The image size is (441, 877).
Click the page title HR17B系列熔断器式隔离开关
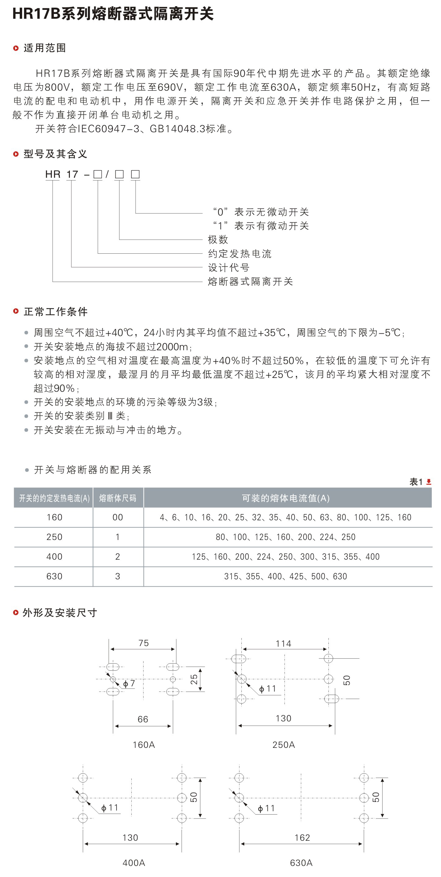coord(113,14)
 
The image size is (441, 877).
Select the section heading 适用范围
coord(45,48)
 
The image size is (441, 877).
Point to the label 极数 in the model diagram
coord(218,240)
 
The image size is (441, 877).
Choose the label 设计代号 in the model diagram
coord(229,268)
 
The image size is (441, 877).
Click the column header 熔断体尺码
coord(118,498)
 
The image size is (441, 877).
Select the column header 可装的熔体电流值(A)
coord(286,498)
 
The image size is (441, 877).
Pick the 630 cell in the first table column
coord(54,576)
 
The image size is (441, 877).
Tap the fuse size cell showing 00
coord(118,518)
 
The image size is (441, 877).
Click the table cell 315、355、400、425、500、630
coord(286,576)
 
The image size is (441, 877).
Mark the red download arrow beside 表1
coord(429,482)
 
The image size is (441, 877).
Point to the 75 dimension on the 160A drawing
coord(144,643)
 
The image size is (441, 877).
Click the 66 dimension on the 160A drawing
coord(143,719)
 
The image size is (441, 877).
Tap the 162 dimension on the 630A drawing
coord(302,838)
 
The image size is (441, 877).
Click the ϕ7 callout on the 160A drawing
coord(129,684)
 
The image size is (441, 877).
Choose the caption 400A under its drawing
coord(134,863)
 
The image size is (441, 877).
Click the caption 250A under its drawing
coord(284,745)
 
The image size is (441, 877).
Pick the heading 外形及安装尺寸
coord(60,613)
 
